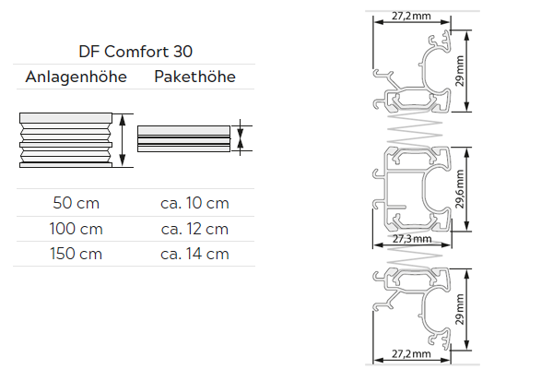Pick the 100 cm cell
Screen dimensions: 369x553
tap(77, 228)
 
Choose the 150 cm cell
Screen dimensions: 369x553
tap(77, 254)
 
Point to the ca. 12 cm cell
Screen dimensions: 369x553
tap(194, 228)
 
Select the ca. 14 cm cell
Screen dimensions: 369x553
tap(194, 254)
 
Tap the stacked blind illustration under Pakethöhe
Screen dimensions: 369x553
tap(182, 138)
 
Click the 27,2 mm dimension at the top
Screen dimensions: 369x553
tap(410, 17)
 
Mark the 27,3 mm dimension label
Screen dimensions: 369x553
tap(412, 239)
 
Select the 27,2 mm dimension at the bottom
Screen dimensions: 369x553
tap(411, 353)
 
